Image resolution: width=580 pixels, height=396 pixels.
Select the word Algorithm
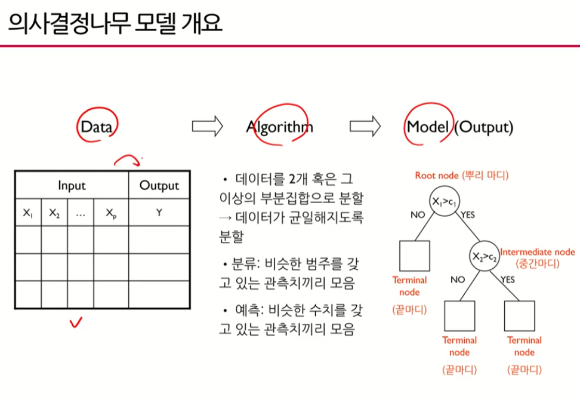pos(279,127)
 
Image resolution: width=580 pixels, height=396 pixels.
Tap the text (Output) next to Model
pos(483,127)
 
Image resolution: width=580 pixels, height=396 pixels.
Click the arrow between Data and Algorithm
pos(207,126)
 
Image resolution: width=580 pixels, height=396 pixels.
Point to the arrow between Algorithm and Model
pos(365,126)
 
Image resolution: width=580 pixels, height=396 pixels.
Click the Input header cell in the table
pos(72,185)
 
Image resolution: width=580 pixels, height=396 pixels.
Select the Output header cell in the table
pos(159,185)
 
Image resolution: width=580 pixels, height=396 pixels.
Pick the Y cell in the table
pos(159,213)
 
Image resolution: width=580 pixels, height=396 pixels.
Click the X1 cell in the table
pos(28,213)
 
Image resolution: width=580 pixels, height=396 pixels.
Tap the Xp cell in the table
pos(111,213)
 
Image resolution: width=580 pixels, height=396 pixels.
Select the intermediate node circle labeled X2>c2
pos(483,256)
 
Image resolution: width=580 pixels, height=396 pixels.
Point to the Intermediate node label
pos(537,252)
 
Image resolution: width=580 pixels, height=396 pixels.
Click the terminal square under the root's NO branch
pos(414,256)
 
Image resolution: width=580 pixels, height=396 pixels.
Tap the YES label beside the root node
pos(468,214)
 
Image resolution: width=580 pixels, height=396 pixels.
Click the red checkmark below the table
pos(75,323)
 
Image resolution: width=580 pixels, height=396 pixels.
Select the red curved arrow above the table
pos(127,159)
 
